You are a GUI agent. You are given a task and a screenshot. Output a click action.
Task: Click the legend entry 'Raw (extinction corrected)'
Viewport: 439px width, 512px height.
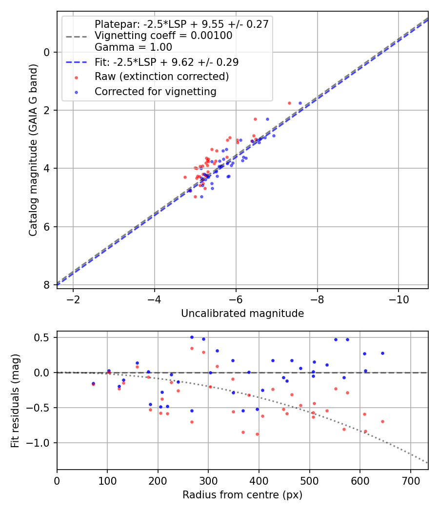click(161, 77)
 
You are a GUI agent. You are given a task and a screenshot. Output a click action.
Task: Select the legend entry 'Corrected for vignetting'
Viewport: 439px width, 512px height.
click(155, 91)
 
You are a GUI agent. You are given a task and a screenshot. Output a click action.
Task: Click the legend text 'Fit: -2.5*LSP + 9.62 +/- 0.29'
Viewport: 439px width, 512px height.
click(166, 62)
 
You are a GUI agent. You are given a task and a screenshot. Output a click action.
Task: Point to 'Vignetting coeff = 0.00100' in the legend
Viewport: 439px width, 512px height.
click(163, 36)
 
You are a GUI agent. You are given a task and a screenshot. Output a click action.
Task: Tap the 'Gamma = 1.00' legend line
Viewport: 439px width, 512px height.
click(133, 47)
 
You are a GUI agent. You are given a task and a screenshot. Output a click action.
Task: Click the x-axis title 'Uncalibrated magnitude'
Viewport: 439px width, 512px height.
click(242, 314)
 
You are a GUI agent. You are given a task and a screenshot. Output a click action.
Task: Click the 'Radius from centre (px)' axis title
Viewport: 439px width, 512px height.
click(242, 495)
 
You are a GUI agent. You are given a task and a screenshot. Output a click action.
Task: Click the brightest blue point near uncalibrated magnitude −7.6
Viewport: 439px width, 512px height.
click(300, 103)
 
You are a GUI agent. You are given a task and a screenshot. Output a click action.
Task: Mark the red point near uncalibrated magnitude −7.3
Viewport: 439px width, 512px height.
click(289, 103)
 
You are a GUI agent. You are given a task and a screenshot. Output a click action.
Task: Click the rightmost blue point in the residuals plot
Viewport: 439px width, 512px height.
click(382, 353)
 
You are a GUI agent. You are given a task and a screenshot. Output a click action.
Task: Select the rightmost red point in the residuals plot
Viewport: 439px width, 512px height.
click(382, 421)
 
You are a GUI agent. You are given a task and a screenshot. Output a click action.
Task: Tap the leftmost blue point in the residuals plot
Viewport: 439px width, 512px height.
click(93, 383)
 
